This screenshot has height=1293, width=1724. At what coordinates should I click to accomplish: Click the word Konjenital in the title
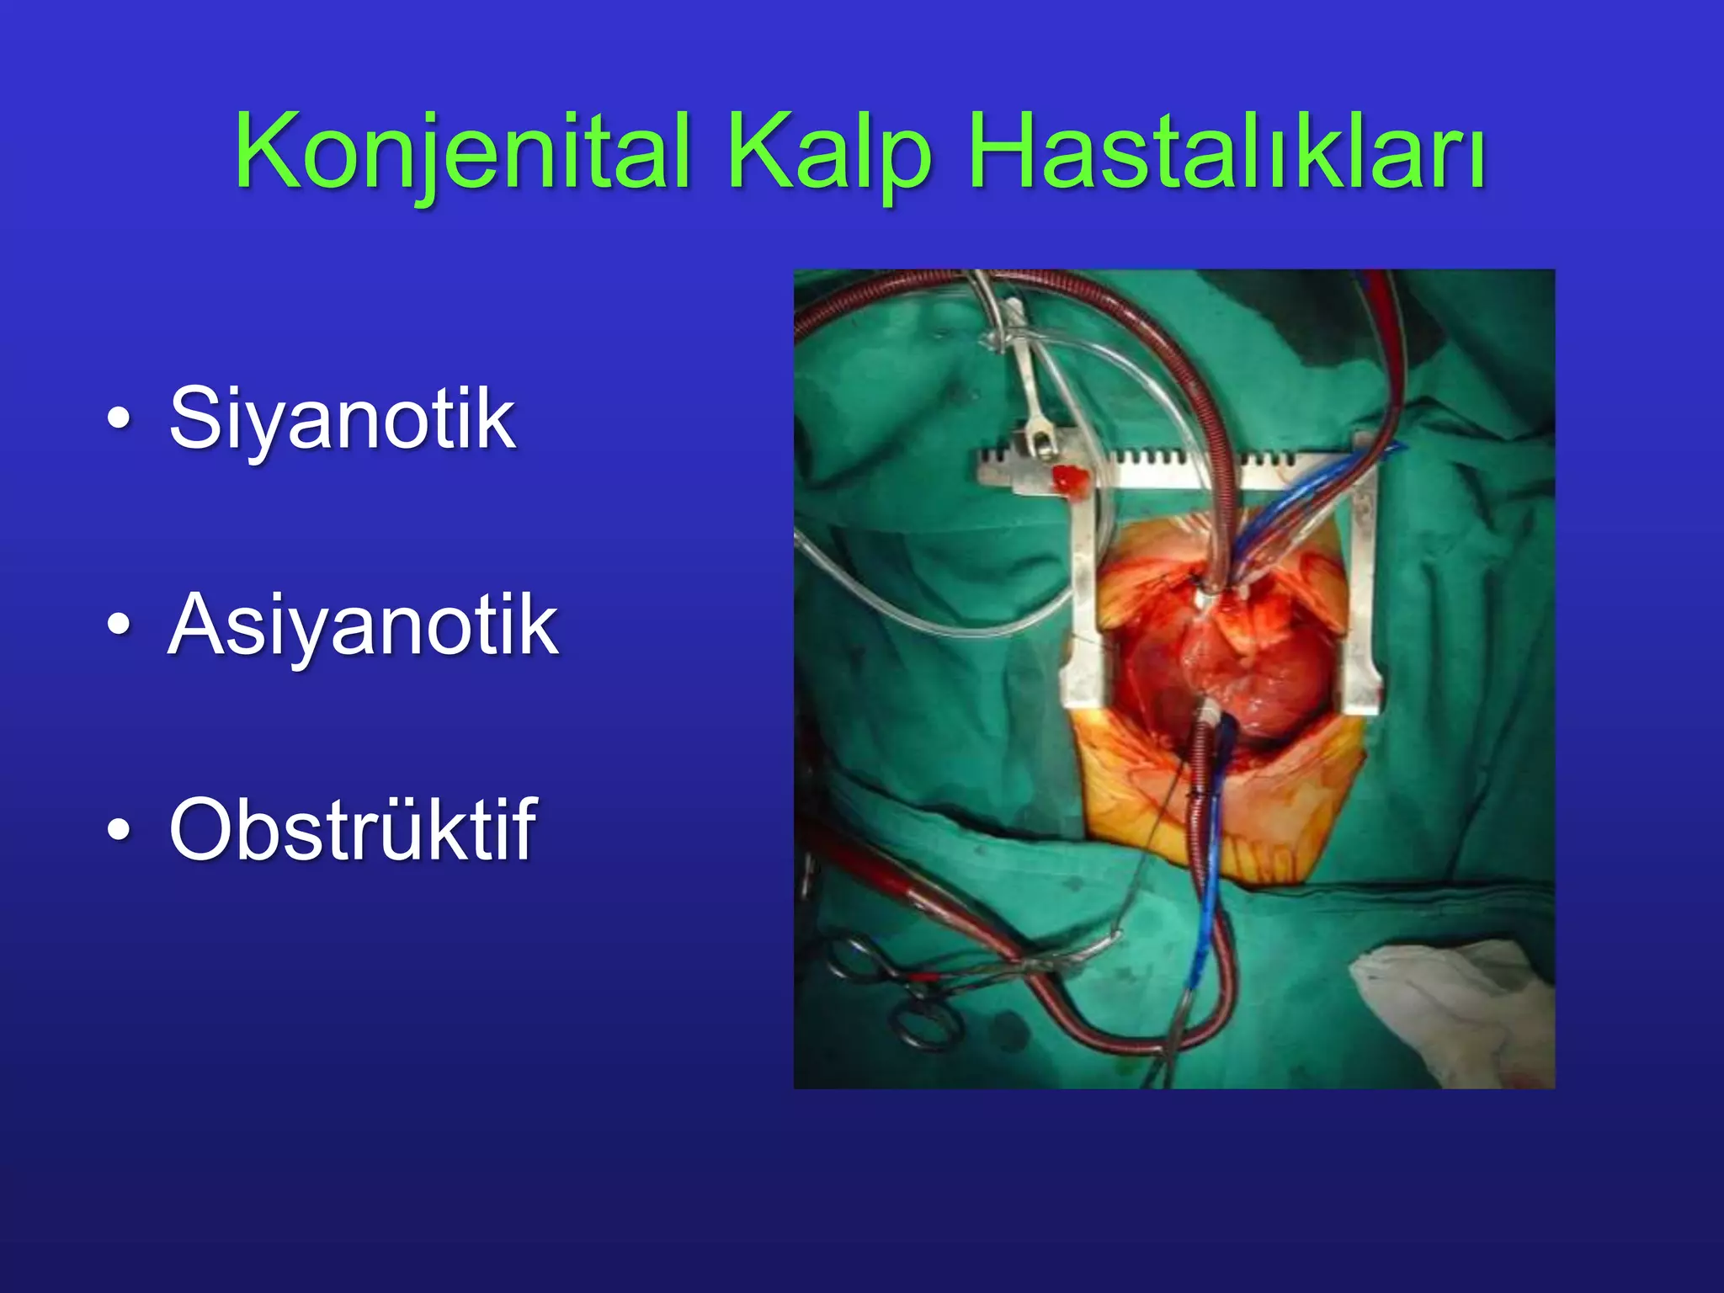(462, 152)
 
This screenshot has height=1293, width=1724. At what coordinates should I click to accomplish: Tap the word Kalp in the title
(829, 152)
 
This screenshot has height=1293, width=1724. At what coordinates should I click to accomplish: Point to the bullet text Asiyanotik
(363, 625)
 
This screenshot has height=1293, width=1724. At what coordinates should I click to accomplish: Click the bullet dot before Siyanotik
(120, 418)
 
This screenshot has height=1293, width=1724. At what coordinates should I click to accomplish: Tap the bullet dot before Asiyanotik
(120, 625)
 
